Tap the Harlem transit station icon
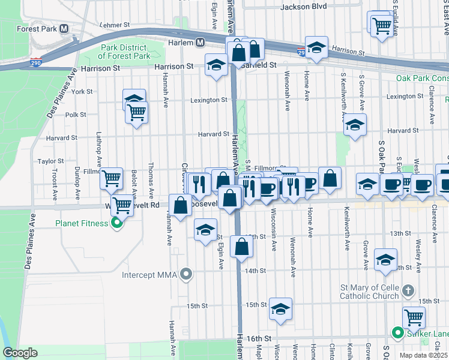point(200,42)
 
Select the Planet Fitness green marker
point(117,224)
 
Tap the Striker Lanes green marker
point(397,332)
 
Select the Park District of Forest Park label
point(127,52)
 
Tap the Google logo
point(20,353)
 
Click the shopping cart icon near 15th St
point(414,316)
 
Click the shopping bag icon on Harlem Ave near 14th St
point(241,246)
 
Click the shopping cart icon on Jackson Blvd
point(382,25)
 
